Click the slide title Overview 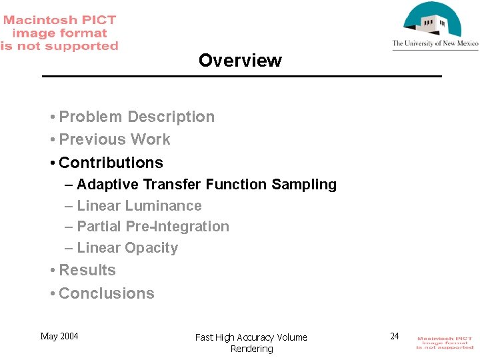240,61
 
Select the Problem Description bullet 137,117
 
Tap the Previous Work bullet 115,139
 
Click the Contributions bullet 111,163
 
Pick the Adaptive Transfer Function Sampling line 207,185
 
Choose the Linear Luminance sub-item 139,206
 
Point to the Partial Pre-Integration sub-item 153,227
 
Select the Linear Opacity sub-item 127,248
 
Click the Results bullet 87,271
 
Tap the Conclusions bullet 107,293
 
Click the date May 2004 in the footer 59,336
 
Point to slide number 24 394,336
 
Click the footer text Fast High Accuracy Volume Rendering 251,343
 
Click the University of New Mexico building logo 433,21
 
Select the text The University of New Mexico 435,44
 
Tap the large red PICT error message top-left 59,33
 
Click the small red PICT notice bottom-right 445,343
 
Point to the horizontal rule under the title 241,77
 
